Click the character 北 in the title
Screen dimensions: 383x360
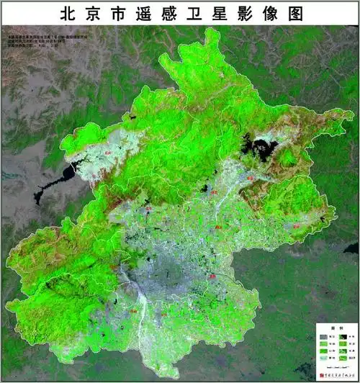coord(68,13)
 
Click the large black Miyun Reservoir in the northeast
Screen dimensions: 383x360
coord(258,148)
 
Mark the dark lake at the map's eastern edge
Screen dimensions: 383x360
coord(351,248)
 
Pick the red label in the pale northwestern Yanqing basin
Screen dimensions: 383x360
coord(109,153)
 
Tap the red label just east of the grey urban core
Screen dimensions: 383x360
coord(212,276)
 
